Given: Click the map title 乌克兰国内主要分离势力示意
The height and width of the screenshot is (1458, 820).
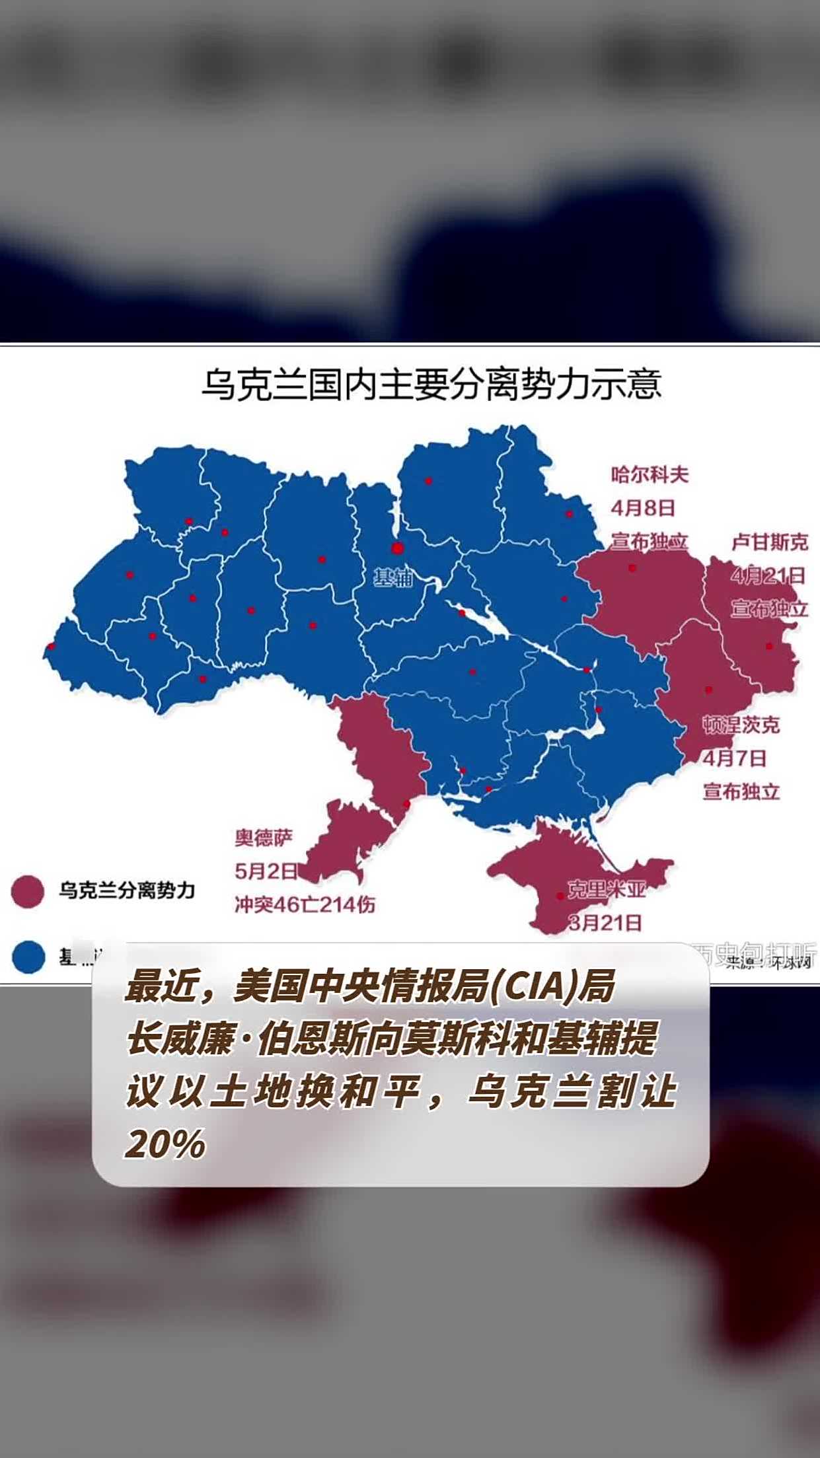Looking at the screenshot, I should [x=431, y=384].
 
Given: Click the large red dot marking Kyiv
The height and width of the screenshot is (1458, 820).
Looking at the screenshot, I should [x=397, y=548].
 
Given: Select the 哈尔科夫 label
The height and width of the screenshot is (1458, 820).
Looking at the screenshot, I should [x=650, y=474].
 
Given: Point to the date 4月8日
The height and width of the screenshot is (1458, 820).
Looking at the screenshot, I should [x=643, y=508].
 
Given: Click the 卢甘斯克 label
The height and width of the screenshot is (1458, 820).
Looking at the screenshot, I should [x=769, y=542].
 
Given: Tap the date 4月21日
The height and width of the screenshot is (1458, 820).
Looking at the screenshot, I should [x=768, y=575].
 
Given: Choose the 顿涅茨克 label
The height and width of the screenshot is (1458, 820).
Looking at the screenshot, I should [x=741, y=725].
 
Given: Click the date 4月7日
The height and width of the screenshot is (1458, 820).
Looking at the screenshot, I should [x=734, y=758].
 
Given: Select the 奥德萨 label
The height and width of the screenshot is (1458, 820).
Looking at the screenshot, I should [x=264, y=838].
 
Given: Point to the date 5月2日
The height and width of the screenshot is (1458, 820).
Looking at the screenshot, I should [x=266, y=871].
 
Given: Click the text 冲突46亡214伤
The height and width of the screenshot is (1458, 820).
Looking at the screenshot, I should [x=305, y=904].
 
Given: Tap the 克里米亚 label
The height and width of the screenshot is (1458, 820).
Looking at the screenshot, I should [x=606, y=889].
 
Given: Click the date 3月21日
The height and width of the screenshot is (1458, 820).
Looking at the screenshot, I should [x=605, y=922].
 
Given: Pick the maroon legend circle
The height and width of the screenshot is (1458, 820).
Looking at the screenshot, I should [x=28, y=892].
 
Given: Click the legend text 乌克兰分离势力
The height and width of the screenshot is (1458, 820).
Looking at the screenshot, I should [x=128, y=891].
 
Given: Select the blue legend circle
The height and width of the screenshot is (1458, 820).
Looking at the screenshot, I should [x=28, y=957].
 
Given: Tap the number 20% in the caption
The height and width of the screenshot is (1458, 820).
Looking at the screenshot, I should [x=165, y=1145].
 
